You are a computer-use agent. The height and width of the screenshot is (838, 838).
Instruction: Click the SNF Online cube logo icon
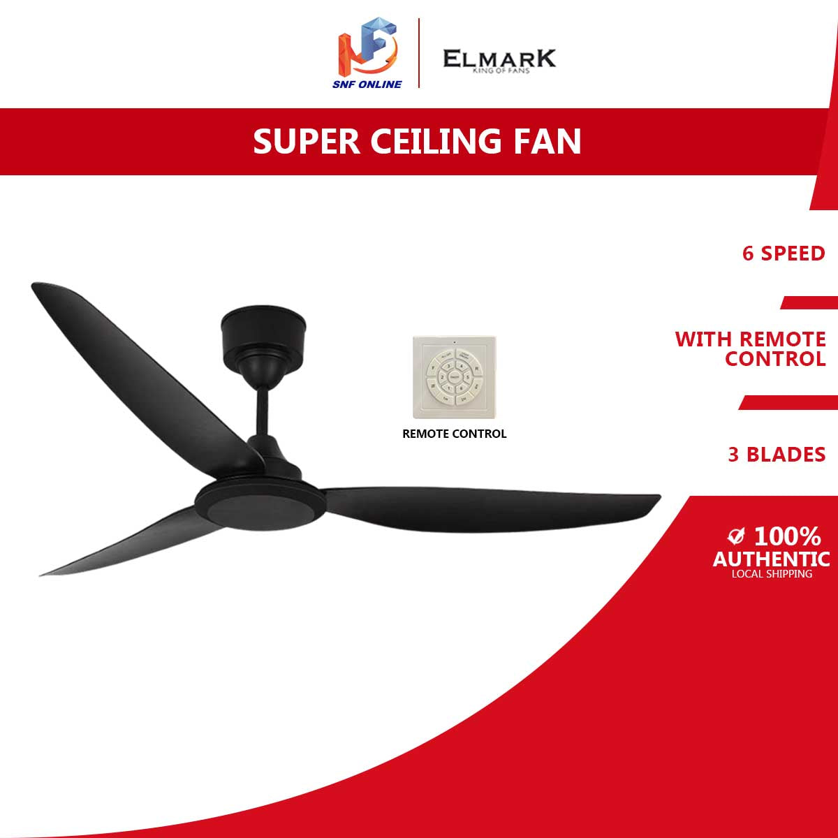368,47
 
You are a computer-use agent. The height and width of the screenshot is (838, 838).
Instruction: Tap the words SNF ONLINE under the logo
369,84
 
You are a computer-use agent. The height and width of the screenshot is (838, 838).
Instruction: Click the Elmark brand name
499,58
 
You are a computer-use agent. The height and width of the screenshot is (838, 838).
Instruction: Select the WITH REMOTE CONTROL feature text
751,349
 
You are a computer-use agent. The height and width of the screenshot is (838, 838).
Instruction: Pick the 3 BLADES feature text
777,455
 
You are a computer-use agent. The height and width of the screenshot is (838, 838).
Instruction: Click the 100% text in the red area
787,537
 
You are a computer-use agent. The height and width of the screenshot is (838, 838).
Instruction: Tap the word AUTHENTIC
771,559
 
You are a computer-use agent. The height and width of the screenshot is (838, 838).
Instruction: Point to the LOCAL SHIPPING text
772,574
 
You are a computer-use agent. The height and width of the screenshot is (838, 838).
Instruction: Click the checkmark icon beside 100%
735,536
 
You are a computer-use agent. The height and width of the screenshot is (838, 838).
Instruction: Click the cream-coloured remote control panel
455,381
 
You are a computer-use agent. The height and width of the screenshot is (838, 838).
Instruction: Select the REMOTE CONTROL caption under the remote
455,434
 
